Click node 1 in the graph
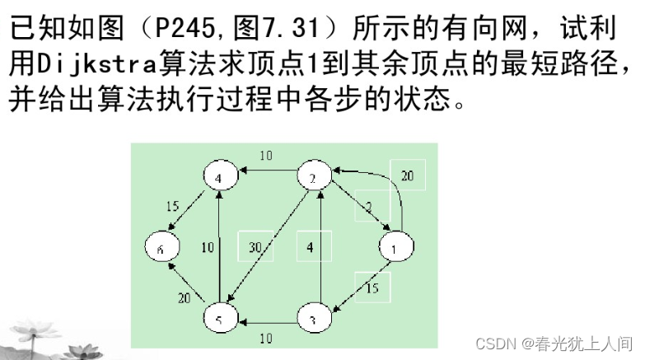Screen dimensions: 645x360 click(396, 246)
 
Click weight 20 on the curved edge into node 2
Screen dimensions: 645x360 click(408, 175)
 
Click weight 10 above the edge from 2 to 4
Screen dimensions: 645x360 click(266, 156)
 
